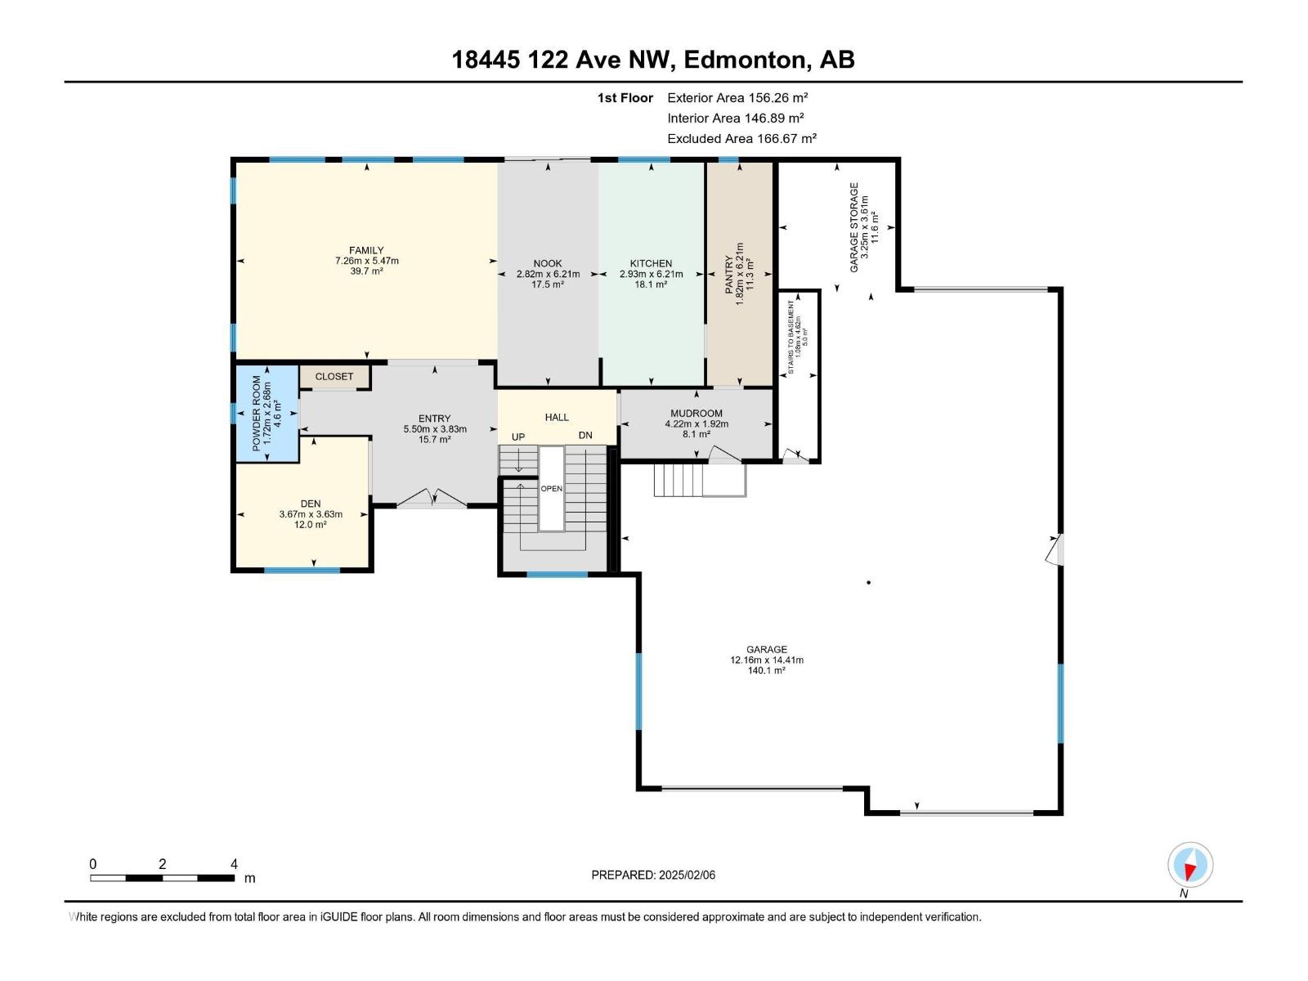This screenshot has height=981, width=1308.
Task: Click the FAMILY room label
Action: click(x=365, y=250)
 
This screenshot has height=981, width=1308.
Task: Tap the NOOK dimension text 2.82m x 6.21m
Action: click(x=548, y=274)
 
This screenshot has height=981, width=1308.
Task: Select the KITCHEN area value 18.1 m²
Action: click(x=651, y=284)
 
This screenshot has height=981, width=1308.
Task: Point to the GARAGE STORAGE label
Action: click(x=854, y=227)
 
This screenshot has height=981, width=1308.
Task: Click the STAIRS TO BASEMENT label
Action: click(x=791, y=338)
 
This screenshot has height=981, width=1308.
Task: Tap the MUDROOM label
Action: click(x=696, y=413)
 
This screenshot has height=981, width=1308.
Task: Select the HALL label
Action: click(x=557, y=417)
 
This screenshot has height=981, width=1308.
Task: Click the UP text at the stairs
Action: click(x=518, y=437)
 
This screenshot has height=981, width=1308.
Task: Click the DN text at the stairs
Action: click(x=585, y=435)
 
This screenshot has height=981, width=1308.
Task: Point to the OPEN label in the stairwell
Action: click(x=551, y=489)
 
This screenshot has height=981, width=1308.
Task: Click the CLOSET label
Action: click(x=334, y=376)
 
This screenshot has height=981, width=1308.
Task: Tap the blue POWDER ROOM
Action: click(x=267, y=414)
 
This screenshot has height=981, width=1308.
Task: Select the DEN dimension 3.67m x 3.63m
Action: click(x=311, y=514)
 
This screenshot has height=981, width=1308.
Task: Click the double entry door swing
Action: click(x=432, y=497)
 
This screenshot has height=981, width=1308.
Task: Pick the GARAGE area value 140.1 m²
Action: click(x=766, y=670)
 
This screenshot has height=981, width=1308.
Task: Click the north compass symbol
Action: click(x=1190, y=865)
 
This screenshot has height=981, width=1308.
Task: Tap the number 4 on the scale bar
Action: click(x=235, y=864)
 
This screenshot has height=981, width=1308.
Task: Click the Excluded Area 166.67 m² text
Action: click(x=741, y=139)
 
